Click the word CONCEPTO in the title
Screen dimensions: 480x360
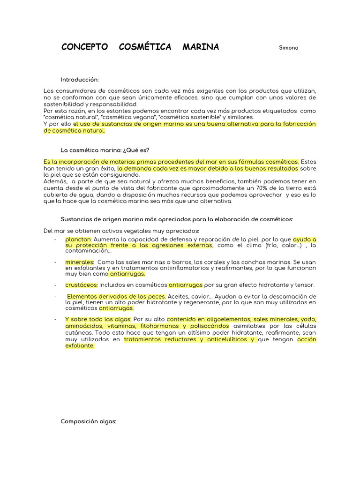[x=84, y=47]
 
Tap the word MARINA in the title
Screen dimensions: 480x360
[x=201, y=47]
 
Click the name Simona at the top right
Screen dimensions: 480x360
[x=289, y=48]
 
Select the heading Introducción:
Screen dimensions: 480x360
[x=80, y=80]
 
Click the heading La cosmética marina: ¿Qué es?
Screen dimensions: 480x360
[x=105, y=150]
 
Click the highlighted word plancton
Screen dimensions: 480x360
[x=78, y=239]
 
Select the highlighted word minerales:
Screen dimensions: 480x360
[x=80, y=262]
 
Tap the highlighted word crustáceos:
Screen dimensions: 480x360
[x=82, y=285]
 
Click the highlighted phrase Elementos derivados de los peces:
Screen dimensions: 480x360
[x=116, y=297]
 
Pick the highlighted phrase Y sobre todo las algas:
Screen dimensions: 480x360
[x=98, y=320]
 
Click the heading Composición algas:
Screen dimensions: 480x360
[x=88, y=421]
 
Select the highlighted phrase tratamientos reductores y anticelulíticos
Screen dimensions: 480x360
[x=189, y=339]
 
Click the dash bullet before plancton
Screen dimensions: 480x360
[x=56, y=239]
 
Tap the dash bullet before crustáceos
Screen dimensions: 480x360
[x=56, y=285]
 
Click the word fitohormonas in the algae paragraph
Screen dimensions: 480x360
[x=154, y=326]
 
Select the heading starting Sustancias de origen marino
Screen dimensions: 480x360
[x=177, y=219]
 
